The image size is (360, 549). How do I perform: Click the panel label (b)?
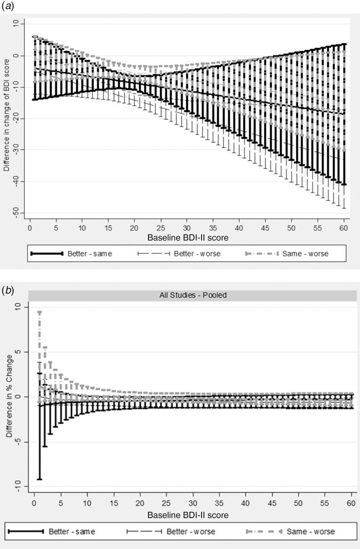pyautogui.click(x=8, y=291)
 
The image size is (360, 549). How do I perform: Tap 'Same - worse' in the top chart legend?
pyautogui.click(x=305, y=254)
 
